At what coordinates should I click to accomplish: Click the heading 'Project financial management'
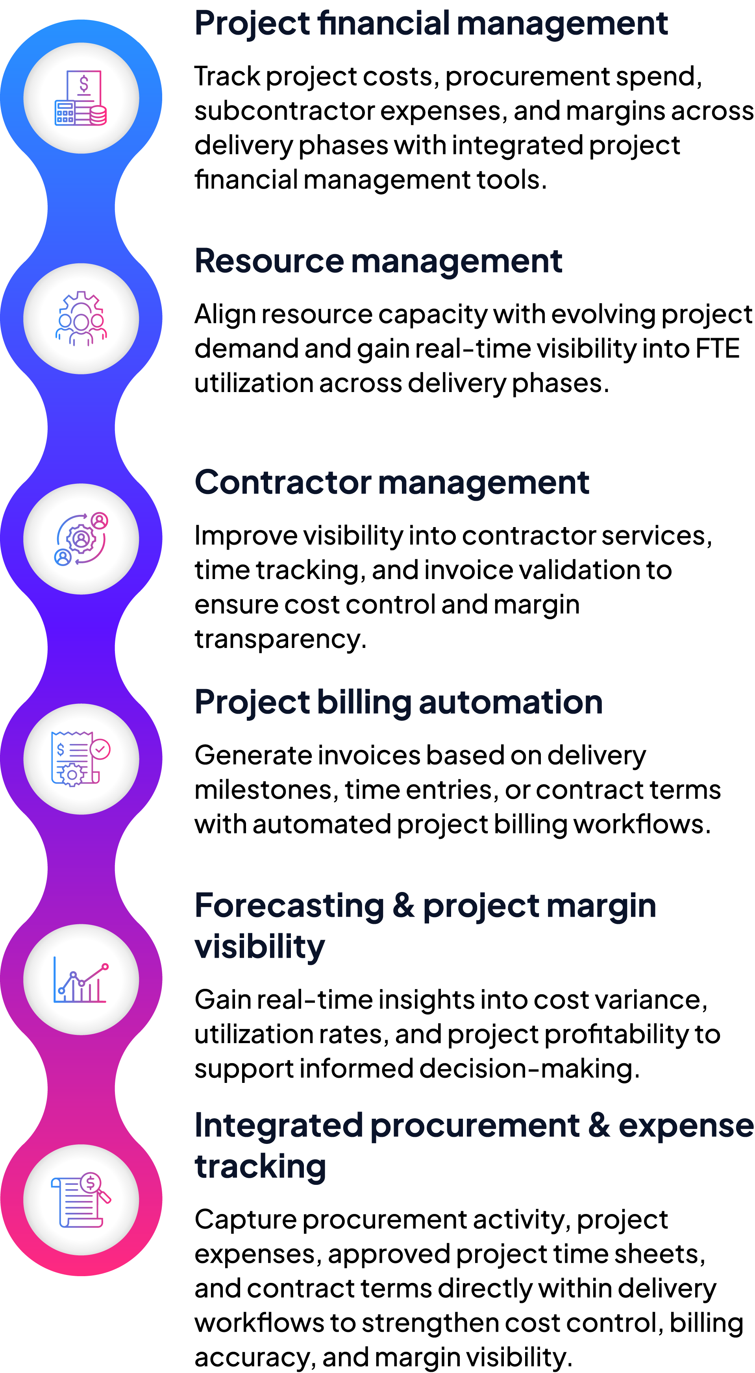click(x=431, y=24)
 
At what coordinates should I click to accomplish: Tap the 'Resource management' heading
click(x=378, y=262)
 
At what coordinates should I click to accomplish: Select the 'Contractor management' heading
click(x=392, y=483)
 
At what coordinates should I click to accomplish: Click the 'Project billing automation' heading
click(x=398, y=703)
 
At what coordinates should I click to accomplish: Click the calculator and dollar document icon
click(x=81, y=98)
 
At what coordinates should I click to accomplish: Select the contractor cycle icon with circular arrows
click(x=81, y=539)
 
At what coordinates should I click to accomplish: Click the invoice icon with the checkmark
click(x=81, y=759)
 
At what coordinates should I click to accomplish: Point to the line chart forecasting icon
click(x=81, y=980)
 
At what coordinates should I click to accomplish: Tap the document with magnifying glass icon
click(x=81, y=1200)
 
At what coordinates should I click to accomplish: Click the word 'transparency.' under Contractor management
click(x=280, y=639)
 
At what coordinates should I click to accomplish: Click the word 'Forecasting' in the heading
click(x=289, y=906)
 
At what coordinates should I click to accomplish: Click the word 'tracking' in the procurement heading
click(x=260, y=1167)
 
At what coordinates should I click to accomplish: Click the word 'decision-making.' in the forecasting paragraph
click(x=529, y=1069)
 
